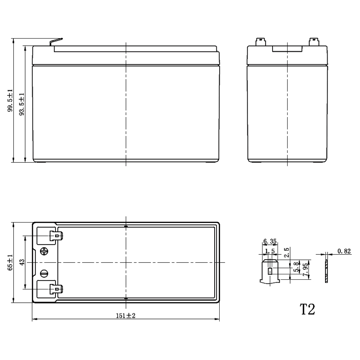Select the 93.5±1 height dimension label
[22, 104]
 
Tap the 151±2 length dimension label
[126, 316]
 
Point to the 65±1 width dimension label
[10, 262]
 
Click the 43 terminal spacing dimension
[22, 262]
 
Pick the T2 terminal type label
[307, 309]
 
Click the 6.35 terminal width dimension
[270, 241]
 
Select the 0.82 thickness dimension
[344, 251]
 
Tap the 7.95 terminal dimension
[306, 269]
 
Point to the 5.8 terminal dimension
[297, 267]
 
